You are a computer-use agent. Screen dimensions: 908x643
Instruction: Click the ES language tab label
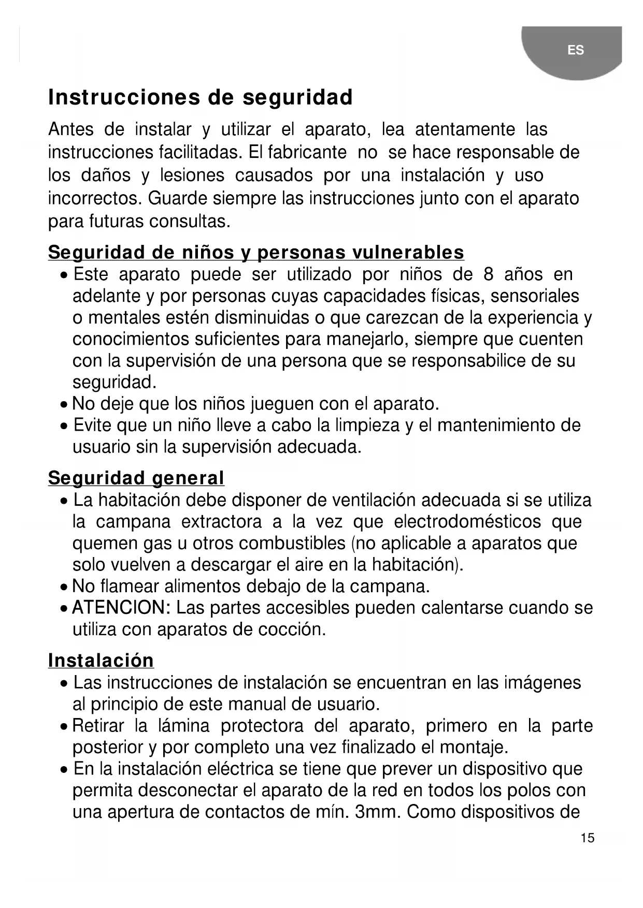575,50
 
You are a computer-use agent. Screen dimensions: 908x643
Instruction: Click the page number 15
588,838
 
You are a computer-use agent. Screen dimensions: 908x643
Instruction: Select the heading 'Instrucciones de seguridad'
201,97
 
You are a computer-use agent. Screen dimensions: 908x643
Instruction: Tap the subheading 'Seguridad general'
136,478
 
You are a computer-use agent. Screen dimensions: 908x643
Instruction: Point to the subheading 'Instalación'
101,661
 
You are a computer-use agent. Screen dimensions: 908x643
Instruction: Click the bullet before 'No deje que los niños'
63,404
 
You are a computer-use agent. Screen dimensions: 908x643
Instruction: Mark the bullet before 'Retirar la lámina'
63,726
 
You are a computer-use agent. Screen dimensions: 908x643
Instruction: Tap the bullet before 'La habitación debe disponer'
63,501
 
